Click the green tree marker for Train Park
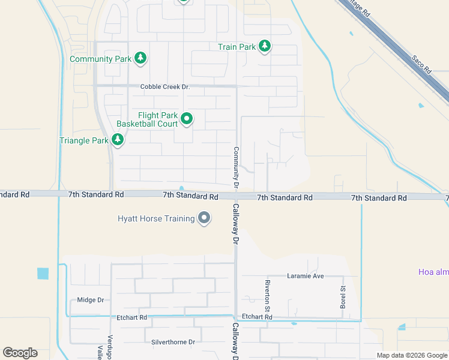tap(265, 46)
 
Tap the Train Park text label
tap(237, 46)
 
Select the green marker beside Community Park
tap(140, 58)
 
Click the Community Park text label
tap(100, 59)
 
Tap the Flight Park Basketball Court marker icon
tap(187, 119)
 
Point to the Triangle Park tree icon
tap(118, 140)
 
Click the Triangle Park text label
tap(84, 141)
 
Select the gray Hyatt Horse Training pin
tap(204, 218)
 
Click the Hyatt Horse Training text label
tap(156, 218)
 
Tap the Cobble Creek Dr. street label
tap(164, 87)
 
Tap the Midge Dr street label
tap(91, 300)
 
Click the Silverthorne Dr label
tap(173, 342)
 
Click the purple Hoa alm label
tap(433, 272)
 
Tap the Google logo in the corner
tap(20, 353)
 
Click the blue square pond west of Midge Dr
tap(43, 274)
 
